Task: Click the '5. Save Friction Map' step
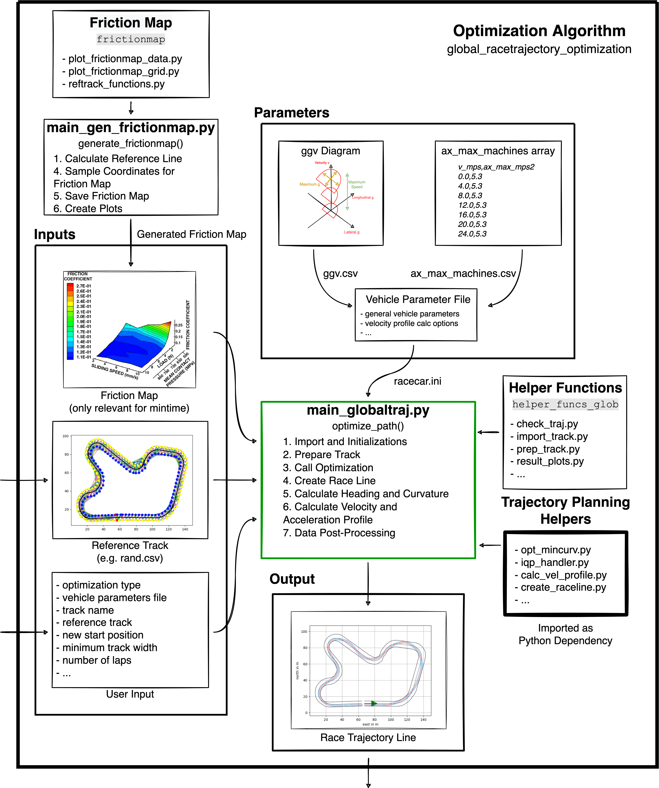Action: [101, 196]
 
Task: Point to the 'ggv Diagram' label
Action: [330, 151]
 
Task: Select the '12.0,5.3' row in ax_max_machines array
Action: [472, 205]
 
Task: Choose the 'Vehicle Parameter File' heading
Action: [418, 299]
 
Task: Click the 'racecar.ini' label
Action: [417, 381]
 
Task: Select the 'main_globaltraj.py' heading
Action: [368, 410]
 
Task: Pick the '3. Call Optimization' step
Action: [328, 468]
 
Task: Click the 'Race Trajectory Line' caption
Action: [368, 737]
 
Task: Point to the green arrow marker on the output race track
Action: [374, 703]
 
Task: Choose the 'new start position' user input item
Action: [103, 635]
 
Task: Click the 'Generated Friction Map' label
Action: [191, 234]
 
